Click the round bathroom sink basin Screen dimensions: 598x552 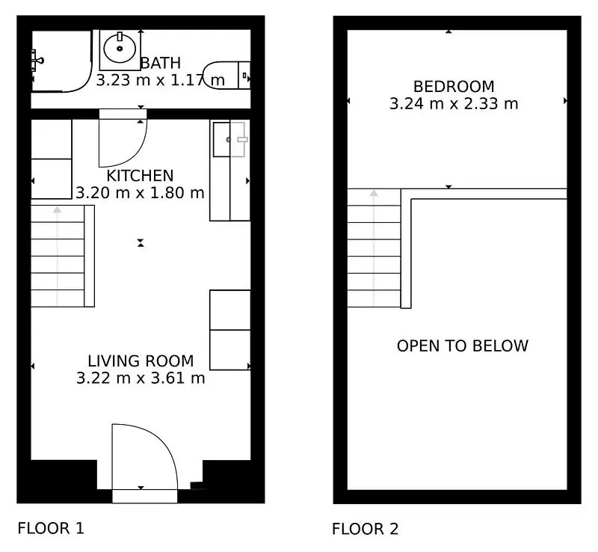(x=120, y=49)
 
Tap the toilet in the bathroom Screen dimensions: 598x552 (x=226, y=76)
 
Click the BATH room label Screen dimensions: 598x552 (x=161, y=63)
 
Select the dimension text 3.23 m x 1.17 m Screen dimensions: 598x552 (x=160, y=80)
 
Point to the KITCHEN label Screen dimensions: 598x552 (x=140, y=176)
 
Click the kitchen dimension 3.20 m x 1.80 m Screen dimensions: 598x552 (x=140, y=193)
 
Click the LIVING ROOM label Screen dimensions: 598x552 (x=141, y=361)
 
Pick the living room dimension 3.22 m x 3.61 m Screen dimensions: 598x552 (x=141, y=378)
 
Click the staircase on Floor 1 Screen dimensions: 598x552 (x=63, y=256)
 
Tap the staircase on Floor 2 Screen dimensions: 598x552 (x=374, y=248)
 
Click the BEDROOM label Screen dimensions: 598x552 (x=454, y=87)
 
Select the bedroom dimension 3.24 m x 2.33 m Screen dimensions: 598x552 (x=454, y=104)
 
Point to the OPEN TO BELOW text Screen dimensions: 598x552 (x=463, y=346)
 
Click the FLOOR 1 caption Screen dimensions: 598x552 (x=51, y=528)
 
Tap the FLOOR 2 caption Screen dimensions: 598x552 (x=366, y=529)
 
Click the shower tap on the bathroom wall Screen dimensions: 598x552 (x=37, y=61)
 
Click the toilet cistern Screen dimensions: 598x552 (x=244, y=76)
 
